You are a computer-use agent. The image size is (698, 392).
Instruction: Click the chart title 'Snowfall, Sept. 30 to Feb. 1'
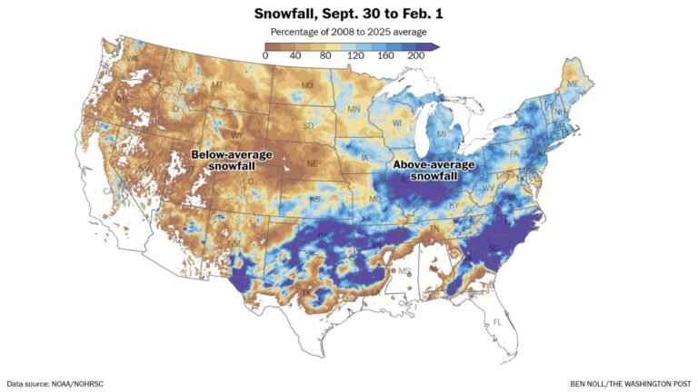point(349,15)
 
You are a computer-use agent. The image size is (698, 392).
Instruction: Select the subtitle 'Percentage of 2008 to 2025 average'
point(349,33)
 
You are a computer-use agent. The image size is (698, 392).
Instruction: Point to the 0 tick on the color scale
point(265,56)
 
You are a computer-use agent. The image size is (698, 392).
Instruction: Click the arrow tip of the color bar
point(436,45)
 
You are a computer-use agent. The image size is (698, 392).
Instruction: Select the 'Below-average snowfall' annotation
point(232,161)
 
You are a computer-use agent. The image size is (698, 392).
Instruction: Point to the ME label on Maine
point(572,83)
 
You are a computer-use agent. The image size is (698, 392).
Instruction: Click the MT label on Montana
point(217,85)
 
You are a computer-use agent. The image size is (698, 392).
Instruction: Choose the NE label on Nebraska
point(312,164)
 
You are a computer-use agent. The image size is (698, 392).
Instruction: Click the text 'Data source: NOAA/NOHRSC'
point(55,383)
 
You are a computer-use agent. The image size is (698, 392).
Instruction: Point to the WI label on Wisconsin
point(397,122)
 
